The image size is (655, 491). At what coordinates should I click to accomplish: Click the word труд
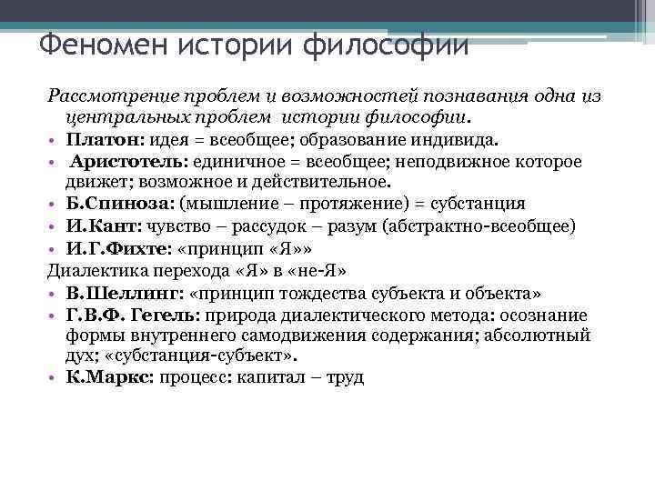pyautogui.click(x=344, y=376)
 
